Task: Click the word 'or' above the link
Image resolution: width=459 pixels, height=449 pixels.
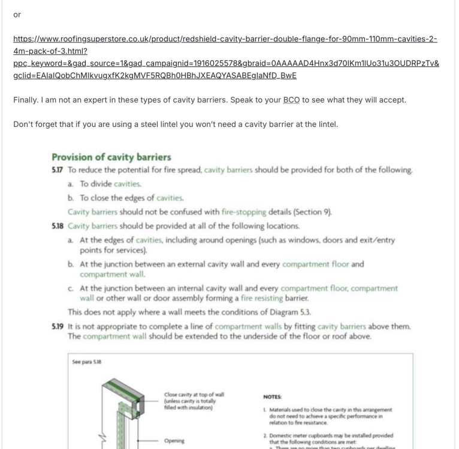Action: point(17,14)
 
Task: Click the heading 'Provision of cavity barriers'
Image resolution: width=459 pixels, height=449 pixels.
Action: point(111,157)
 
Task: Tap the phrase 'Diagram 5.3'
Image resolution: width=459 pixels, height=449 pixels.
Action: point(287,312)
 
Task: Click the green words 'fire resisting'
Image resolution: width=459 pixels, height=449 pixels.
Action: point(265,298)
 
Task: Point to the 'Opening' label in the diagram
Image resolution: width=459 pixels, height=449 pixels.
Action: point(175,441)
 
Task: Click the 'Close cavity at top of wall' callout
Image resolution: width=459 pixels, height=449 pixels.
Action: point(194,395)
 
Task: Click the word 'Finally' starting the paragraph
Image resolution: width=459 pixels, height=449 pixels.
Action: point(25,100)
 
